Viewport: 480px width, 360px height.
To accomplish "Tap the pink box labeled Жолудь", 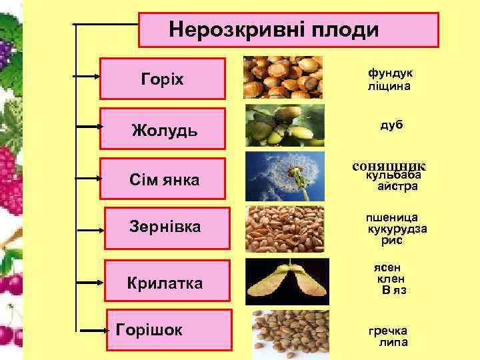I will (x=163, y=128).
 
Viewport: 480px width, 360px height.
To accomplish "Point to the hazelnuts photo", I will (x=283, y=77).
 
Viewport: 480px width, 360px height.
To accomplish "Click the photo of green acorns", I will (x=284, y=125).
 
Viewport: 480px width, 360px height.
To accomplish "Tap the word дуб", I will (x=391, y=125).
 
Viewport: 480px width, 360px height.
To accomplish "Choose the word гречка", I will (x=389, y=331).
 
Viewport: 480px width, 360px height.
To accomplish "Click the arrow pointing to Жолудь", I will (x=87, y=125).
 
